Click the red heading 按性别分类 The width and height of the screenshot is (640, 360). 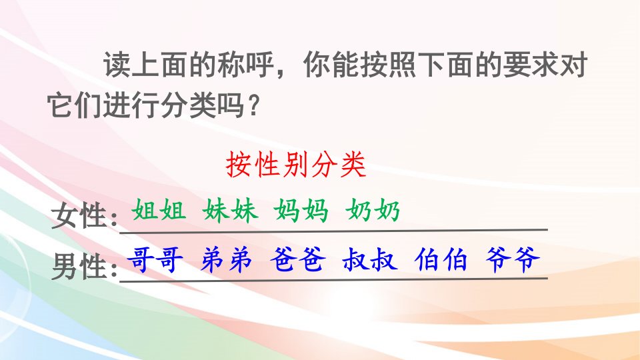296,165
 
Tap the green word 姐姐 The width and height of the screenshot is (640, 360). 159,211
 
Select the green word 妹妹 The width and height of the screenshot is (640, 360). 230,211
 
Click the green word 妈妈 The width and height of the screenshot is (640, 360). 301,211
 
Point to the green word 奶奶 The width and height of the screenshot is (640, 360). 373,211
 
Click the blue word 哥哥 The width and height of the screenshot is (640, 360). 155,259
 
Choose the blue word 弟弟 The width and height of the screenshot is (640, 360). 226,259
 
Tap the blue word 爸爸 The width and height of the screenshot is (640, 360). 298,259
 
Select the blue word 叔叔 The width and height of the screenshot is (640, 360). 370,259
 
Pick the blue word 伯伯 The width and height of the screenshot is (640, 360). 441,259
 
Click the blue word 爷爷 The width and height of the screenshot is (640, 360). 513,259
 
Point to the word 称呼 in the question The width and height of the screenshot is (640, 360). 245,65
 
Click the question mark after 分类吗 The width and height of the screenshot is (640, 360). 254,105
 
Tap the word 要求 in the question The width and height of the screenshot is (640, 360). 531,65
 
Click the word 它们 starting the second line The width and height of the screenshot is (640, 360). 75,105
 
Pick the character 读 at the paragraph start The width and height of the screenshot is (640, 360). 117,65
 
